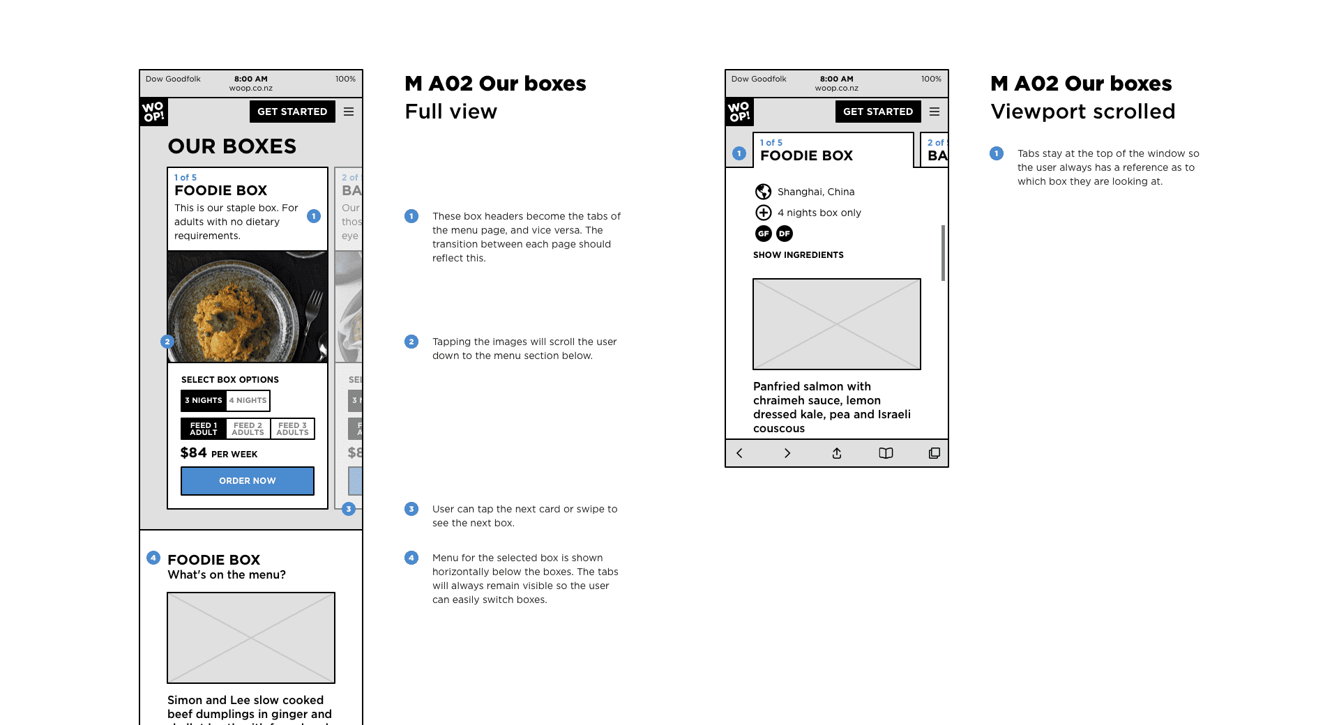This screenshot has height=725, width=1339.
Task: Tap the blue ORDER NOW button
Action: [247, 481]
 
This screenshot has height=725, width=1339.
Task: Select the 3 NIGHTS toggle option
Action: [204, 400]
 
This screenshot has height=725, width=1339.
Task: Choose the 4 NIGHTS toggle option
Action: [248, 400]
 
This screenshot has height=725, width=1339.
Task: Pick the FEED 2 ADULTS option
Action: [248, 429]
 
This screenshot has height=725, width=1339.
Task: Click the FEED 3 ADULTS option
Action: [292, 429]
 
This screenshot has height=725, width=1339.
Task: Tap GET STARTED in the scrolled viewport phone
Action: [877, 112]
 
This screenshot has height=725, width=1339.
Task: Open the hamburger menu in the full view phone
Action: [349, 112]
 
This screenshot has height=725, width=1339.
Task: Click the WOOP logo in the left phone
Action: [153, 112]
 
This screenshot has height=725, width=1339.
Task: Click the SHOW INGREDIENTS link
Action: [798, 255]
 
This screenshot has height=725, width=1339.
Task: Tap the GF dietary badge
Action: [764, 234]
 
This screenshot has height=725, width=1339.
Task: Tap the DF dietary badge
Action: [785, 234]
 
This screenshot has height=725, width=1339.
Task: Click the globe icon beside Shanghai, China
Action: [764, 192]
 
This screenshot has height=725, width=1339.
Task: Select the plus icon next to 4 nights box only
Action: [764, 213]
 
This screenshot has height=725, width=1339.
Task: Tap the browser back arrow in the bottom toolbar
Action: [739, 453]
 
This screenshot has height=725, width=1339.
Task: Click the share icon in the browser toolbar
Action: [837, 453]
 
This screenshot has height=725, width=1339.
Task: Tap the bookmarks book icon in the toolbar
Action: [886, 453]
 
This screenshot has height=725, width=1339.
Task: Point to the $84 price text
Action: [194, 452]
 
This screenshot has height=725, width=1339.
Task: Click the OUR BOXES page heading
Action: [232, 146]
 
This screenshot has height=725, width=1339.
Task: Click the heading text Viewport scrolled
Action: [1082, 112]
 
